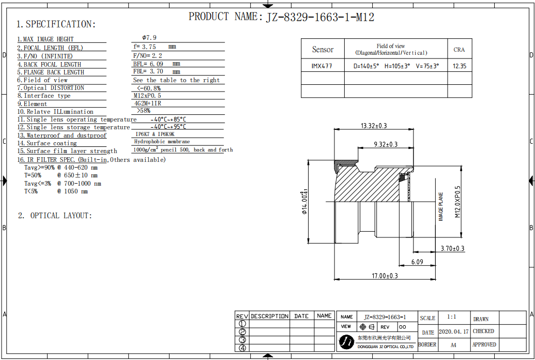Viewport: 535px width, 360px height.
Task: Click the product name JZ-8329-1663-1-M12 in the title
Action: point(320,17)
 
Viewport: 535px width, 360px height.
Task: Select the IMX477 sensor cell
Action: point(322,66)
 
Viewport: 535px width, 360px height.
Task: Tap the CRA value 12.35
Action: point(459,66)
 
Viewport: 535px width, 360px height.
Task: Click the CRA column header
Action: point(459,50)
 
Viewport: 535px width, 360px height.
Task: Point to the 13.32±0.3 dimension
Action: point(374,126)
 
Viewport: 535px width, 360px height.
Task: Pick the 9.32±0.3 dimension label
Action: point(386,144)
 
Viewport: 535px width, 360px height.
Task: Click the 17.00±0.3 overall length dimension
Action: point(385,276)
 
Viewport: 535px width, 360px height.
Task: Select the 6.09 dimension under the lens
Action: point(417,262)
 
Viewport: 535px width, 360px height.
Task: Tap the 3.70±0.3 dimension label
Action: point(452,248)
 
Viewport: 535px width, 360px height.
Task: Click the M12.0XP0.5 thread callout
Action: point(457,202)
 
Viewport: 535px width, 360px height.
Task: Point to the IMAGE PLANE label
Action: point(441,207)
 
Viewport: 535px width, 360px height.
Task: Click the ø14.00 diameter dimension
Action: point(304,203)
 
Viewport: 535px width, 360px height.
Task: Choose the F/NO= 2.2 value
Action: point(148,55)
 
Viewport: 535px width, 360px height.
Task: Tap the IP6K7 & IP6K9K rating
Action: point(155,134)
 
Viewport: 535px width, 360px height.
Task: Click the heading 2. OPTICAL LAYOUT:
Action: point(55,216)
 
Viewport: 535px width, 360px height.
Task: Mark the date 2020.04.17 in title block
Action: point(453,332)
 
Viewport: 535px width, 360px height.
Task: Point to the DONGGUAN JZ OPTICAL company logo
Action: point(346,341)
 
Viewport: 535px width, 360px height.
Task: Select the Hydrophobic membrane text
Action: point(162,142)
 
